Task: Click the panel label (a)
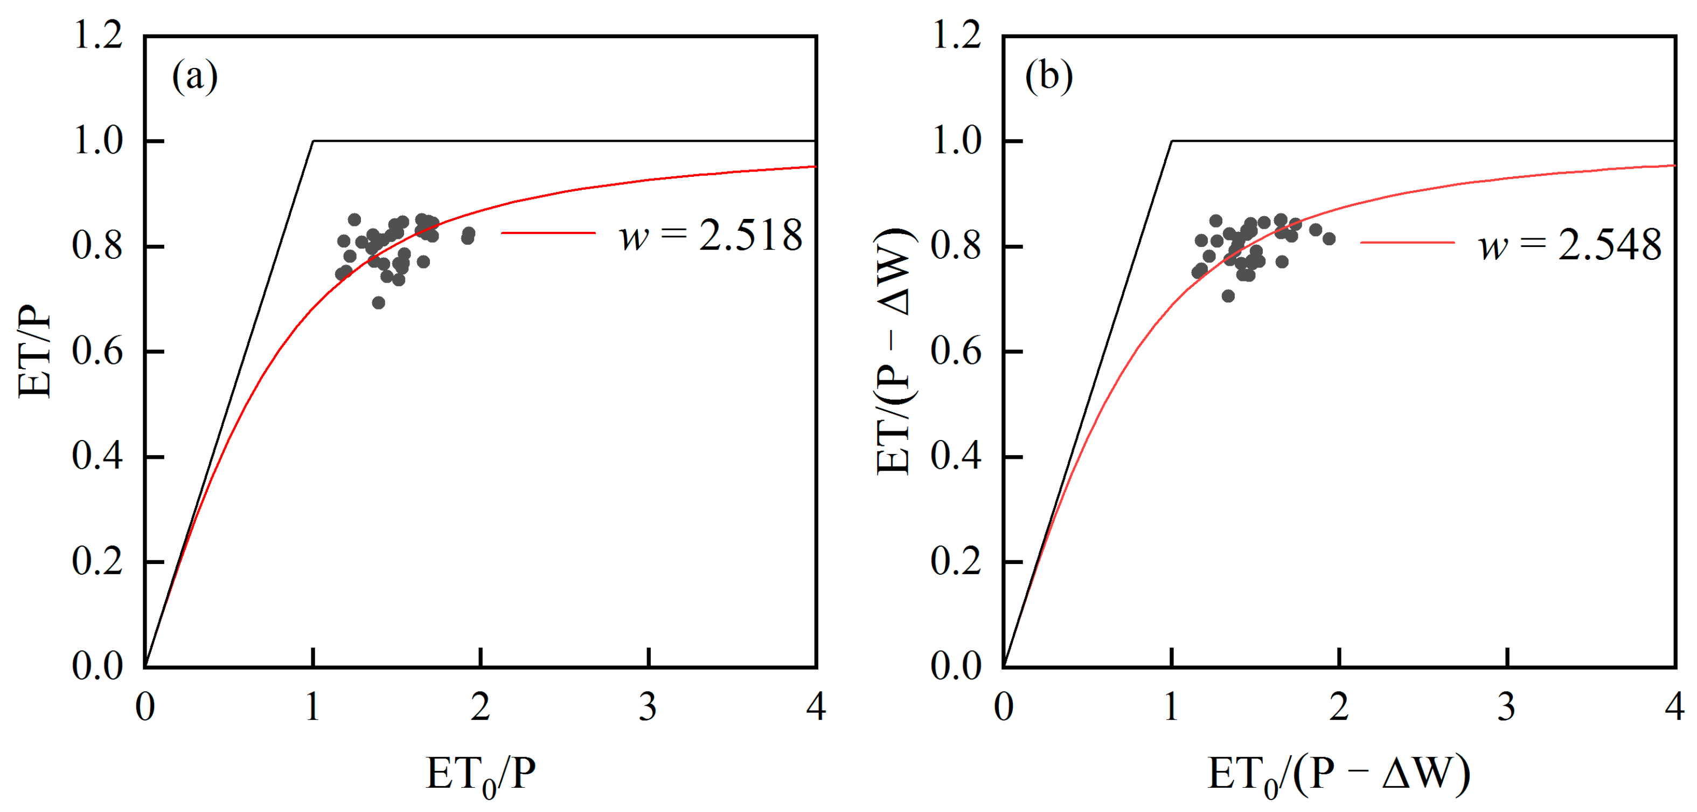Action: point(194,77)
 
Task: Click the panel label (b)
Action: point(1048,77)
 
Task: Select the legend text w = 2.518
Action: point(710,235)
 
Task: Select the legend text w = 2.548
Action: point(1569,245)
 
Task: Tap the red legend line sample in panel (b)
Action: point(1407,243)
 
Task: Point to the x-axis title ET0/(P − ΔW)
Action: point(1338,774)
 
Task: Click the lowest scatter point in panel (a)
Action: point(378,302)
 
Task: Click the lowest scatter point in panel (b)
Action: point(1228,296)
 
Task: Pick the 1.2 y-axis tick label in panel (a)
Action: point(98,35)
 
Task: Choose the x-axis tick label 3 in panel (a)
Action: point(648,707)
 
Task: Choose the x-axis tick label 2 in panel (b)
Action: point(1339,707)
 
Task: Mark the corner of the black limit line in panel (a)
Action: point(314,141)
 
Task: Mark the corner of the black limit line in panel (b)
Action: point(1172,141)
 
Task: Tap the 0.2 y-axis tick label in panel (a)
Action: point(98,561)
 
